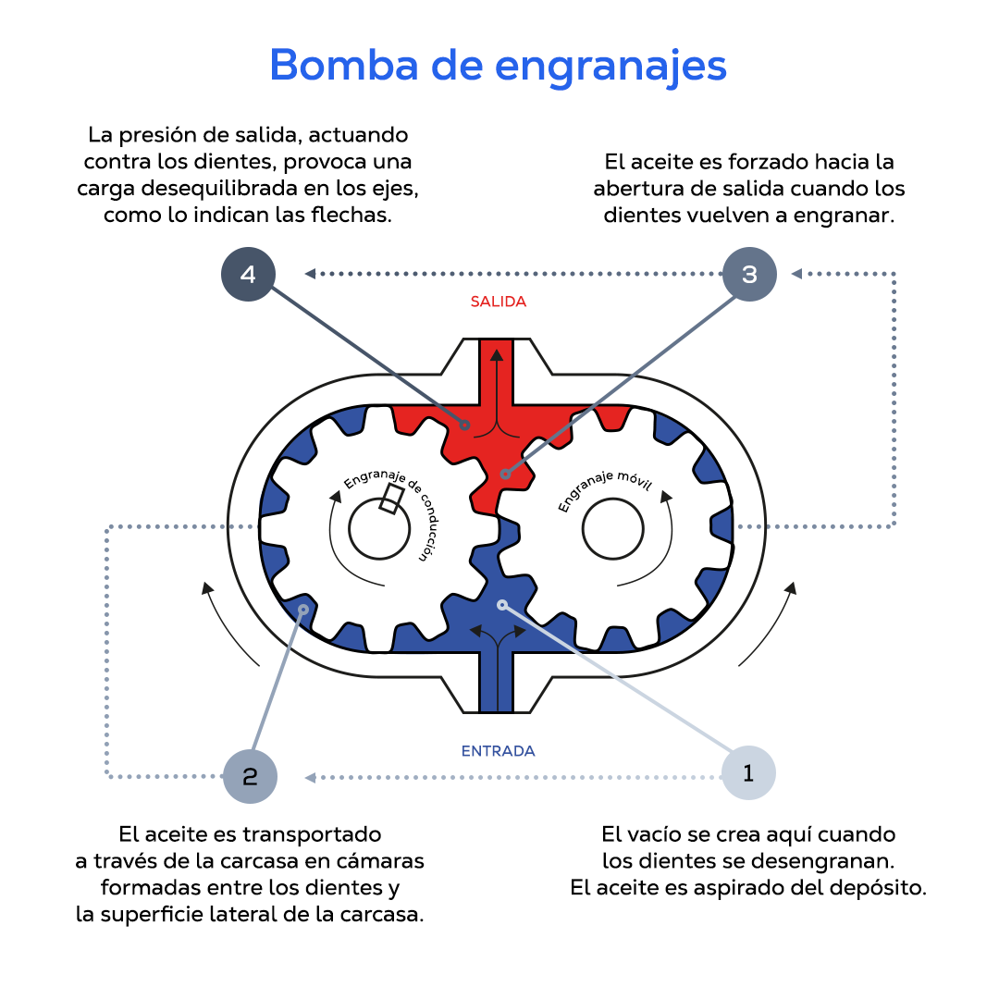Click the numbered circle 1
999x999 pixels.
pyautogui.click(x=747, y=773)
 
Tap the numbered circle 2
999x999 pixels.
pyautogui.click(x=251, y=775)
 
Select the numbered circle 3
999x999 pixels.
pyautogui.click(x=749, y=274)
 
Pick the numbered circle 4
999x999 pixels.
pyautogui.click(x=248, y=275)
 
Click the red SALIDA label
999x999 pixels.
pyautogui.click(x=498, y=302)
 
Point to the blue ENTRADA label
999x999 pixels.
pyautogui.click(x=498, y=751)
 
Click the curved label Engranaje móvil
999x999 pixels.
pyautogui.click(x=607, y=487)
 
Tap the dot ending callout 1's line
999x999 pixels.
pyautogui.click(x=502, y=605)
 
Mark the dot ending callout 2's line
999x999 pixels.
pyautogui.click(x=304, y=609)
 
